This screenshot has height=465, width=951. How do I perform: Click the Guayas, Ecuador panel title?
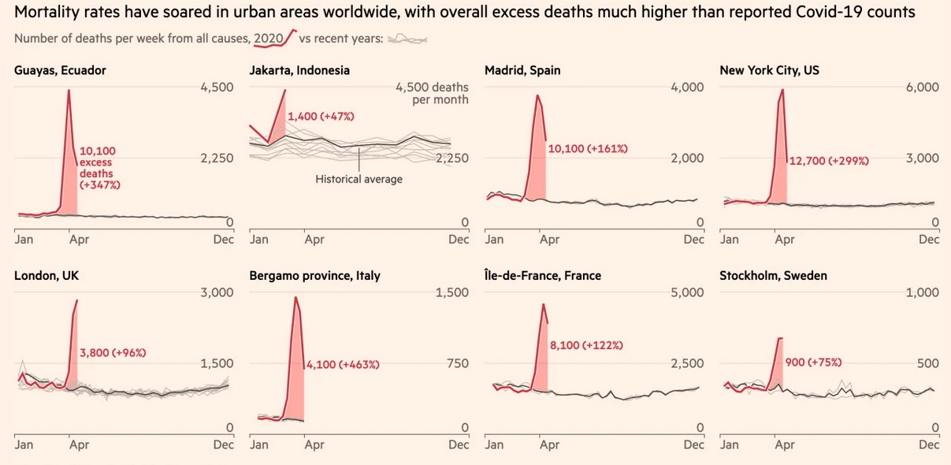click(60, 70)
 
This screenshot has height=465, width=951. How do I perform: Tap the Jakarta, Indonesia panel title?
click(299, 70)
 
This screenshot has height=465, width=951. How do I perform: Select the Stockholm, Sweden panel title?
click(773, 276)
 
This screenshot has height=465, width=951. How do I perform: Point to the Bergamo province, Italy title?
click(314, 276)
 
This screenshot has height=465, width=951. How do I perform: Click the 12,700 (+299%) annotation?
click(830, 161)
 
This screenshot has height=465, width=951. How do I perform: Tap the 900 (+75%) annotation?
click(813, 363)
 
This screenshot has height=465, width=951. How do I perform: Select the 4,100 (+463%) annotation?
click(342, 365)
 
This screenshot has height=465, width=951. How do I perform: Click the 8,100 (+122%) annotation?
click(586, 345)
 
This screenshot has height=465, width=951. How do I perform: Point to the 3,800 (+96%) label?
click(113, 352)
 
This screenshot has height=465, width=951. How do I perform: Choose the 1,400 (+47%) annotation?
click(321, 117)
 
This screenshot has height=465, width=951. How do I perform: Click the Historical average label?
click(358, 179)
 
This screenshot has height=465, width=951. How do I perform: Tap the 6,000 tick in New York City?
click(922, 87)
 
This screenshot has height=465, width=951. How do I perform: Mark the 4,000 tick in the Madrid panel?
click(685, 87)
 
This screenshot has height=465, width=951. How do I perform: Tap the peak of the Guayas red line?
click(69, 90)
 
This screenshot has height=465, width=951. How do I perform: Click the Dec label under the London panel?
click(223, 445)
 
